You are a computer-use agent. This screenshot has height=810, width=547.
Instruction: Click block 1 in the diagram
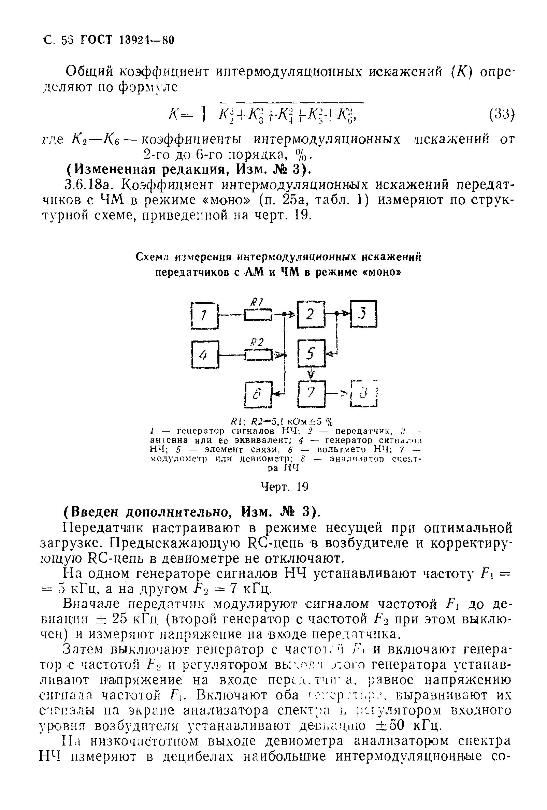(205, 315)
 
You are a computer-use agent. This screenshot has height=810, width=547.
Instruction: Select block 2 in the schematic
(311, 314)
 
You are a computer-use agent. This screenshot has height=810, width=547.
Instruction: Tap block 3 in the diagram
(364, 314)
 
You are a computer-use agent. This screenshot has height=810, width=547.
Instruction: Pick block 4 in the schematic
(205, 354)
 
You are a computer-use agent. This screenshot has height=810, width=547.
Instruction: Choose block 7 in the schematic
(311, 393)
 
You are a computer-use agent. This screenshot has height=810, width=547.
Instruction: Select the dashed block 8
(364, 393)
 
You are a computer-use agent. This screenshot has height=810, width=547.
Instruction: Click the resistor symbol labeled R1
(258, 314)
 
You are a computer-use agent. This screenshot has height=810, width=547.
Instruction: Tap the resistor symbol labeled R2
(258, 355)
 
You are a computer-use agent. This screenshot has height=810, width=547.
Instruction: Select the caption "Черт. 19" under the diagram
(285, 487)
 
